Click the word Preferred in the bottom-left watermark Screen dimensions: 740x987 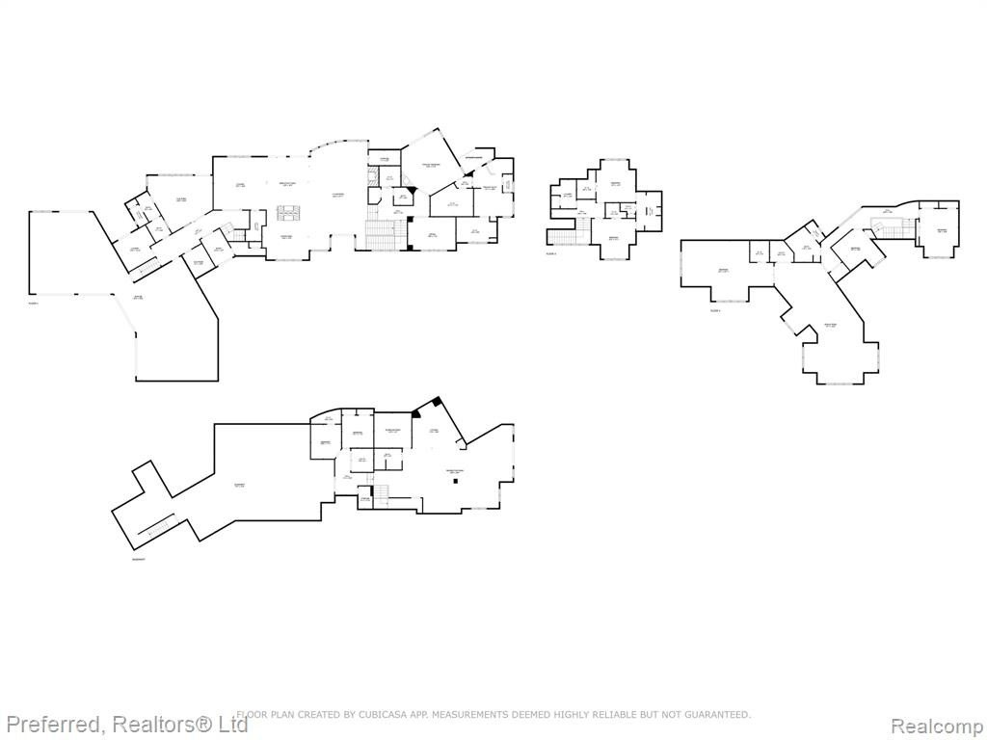coord(54,725)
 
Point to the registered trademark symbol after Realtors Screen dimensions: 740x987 coord(202,722)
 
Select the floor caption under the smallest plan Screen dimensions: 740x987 coord(551,253)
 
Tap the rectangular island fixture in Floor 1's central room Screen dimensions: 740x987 coord(287,212)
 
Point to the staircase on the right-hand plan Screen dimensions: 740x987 coord(888,225)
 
